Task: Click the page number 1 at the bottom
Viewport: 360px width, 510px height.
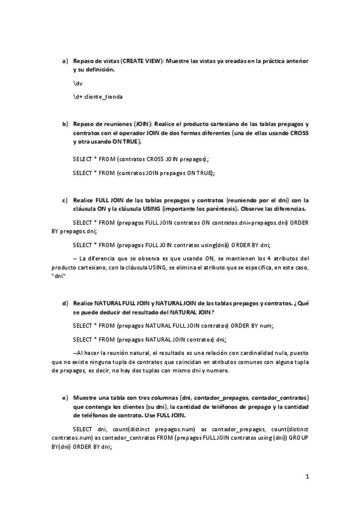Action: coord(307,478)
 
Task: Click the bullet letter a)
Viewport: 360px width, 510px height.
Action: coord(65,61)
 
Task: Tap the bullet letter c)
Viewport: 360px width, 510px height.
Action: coord(65,200)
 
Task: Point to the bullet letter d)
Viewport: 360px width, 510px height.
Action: coord(65,303)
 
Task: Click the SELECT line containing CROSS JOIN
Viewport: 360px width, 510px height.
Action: coord(140,159)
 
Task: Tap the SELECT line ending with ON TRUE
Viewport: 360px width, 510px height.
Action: coord(143,172)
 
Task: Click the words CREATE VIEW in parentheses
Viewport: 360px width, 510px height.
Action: coord(142,61)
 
